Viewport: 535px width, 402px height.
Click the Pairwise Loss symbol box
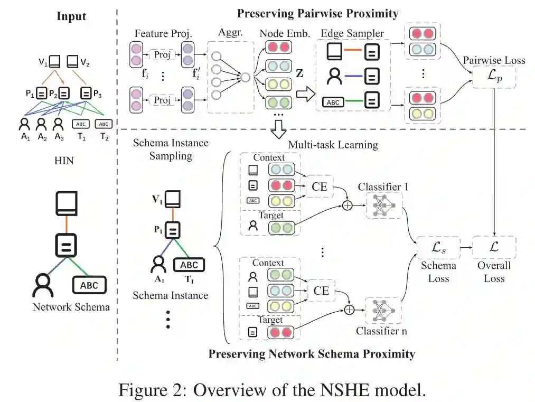(x=494, y=77)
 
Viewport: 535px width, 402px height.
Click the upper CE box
(x=320, y=186)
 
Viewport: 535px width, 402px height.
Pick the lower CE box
(x=321, y=291)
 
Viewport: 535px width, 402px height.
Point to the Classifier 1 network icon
(x=384, y=205)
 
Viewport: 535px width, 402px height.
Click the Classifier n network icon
(x=383, y=311)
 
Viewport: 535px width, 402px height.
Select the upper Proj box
(x=162, y=54)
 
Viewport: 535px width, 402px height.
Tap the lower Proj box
(x=162, y=100)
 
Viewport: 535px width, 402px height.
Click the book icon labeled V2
(x=72, y=62)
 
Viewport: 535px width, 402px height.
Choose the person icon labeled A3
(x=58, y=124)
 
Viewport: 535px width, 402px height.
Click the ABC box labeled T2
(x=104, y=124)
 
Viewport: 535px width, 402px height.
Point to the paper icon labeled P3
(x=86, y=93)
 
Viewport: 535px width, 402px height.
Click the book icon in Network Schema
(x=67, y=203)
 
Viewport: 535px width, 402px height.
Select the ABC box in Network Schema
(x=89, y=285)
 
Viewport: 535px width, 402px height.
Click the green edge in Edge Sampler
(x=353, y=101)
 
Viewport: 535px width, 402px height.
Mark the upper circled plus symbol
(x=347, y=205)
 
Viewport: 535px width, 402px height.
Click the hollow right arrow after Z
(x=305, y=94)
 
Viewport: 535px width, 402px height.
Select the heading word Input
(x=71, y=16)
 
